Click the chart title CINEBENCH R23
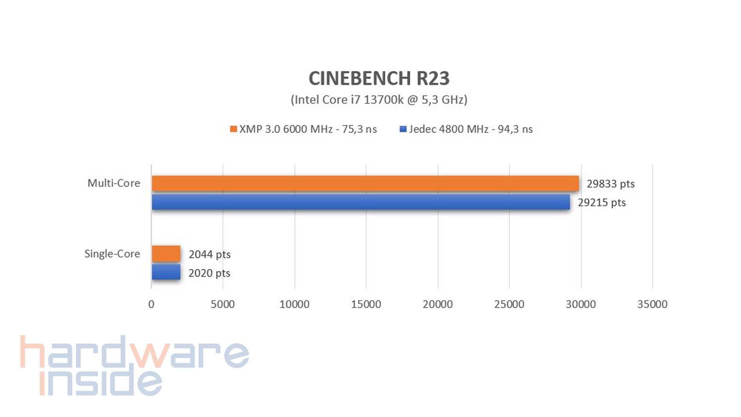coord(379,78)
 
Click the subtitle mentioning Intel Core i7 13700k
coord(379,100)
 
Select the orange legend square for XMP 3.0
coord(233,129)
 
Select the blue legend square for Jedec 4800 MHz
coord(403,129)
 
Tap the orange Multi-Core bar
coord(365,183)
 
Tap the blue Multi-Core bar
coord(361,202)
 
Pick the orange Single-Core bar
coord(166,254)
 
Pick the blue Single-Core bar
coord(166,272)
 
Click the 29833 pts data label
coord(611,184)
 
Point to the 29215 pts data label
coord(602,203)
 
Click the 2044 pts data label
coord(210,254)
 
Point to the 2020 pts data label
coord(209,273)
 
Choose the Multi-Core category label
coord(114,183)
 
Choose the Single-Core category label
coord(112,254)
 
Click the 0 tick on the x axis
coord(151,304)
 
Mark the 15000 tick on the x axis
coord(366,304)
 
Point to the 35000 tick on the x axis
coord(652,304)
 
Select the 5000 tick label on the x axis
coord(223,304)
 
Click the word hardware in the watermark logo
coord(135,352)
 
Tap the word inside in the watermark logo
coord(100,380)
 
